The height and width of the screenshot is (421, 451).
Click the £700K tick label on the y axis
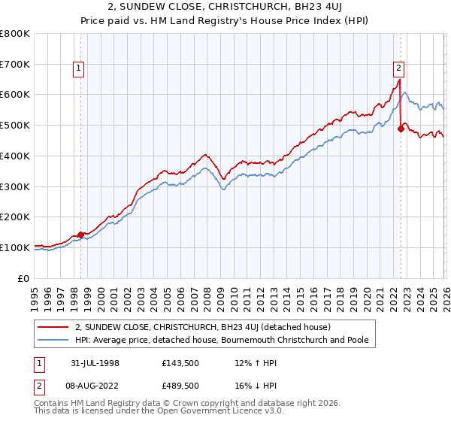pos(15,65)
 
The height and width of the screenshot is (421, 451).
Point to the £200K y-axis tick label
pos(15,217)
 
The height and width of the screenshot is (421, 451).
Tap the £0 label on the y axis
pos(24,278)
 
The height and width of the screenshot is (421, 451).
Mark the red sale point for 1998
pos(80,235)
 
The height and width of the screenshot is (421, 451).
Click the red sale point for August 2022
pos(401,129)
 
